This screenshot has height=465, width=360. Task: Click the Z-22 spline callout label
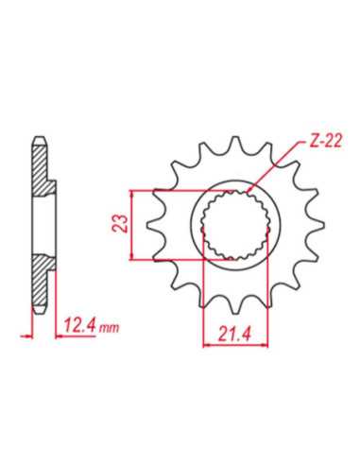[x=325, y=142]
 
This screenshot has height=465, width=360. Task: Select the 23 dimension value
[x=120, y=223]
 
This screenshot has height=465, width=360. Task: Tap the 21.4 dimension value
[x=234, y=334]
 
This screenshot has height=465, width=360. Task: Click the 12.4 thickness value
[x=79, y=325]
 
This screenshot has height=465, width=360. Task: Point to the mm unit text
[x=109, y=328]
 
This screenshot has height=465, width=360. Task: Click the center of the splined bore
[x=235, y=225]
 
